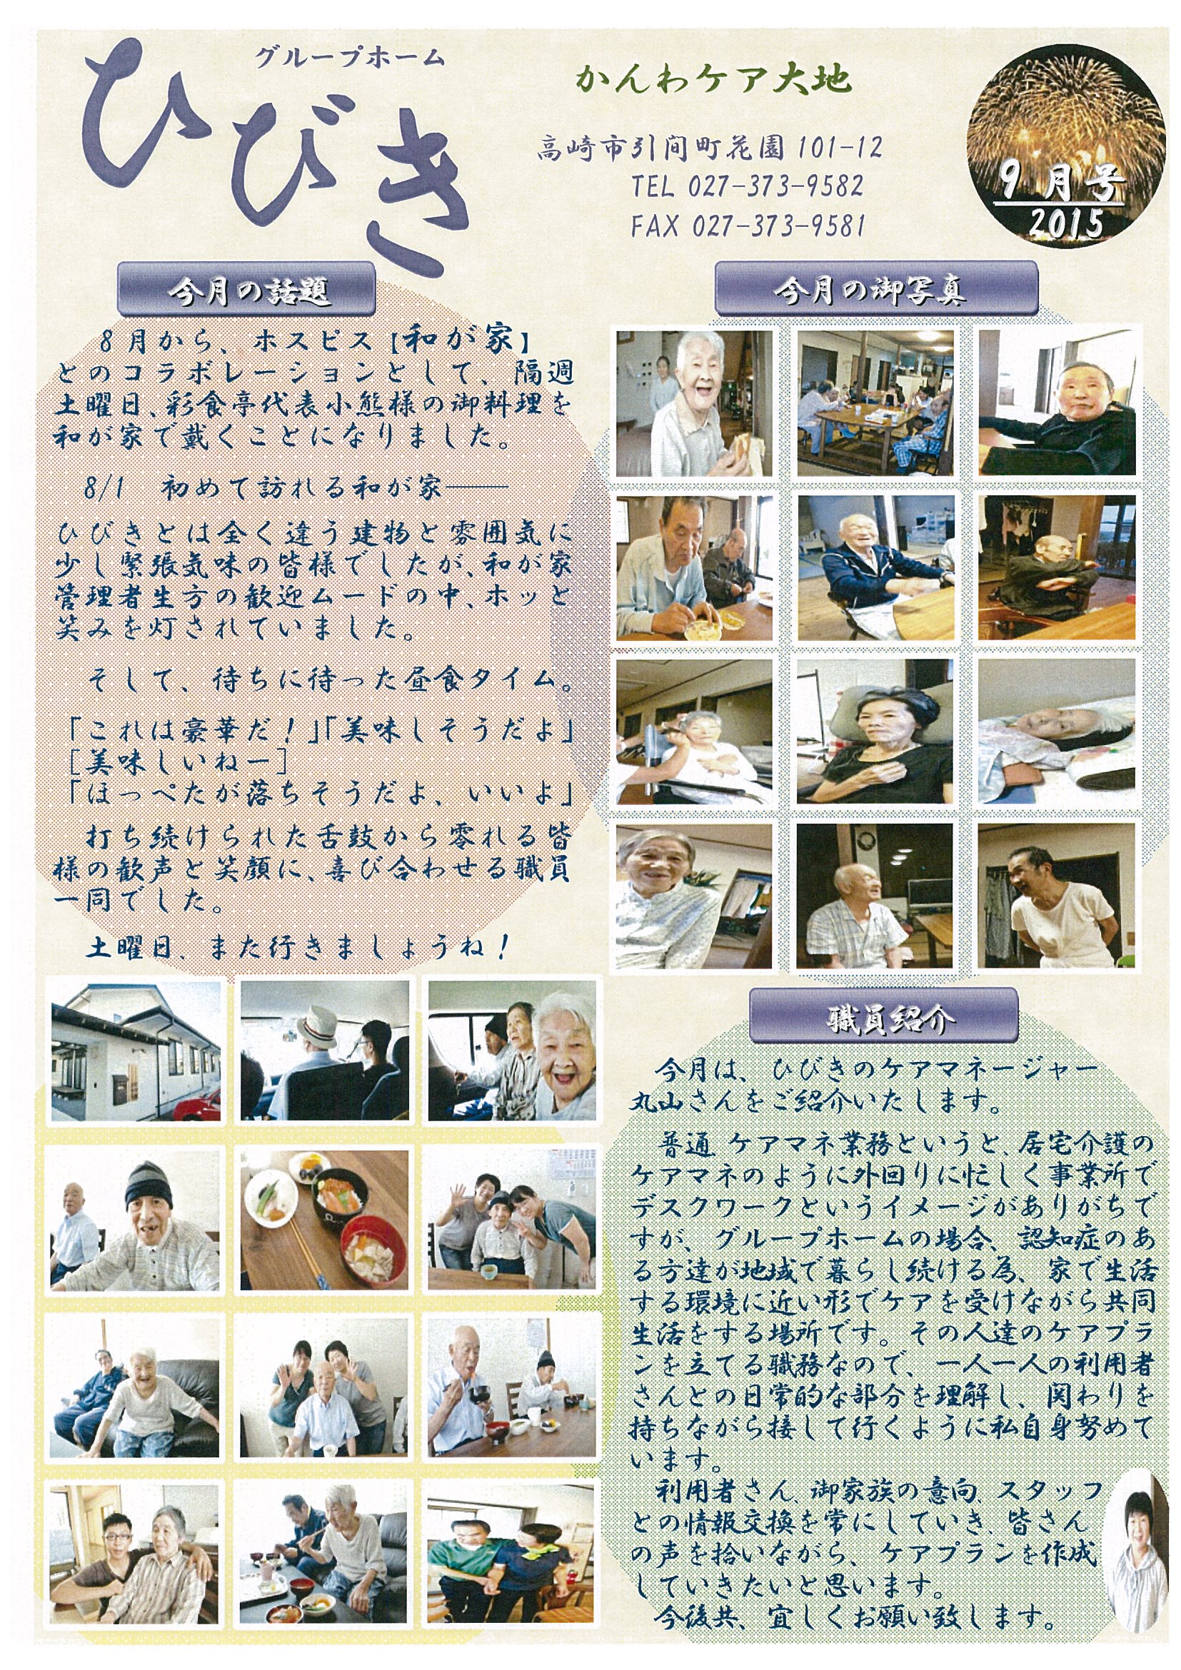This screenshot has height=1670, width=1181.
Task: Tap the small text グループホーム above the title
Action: tap(348, 59)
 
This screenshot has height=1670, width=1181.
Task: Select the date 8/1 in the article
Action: tap(104, 487)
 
